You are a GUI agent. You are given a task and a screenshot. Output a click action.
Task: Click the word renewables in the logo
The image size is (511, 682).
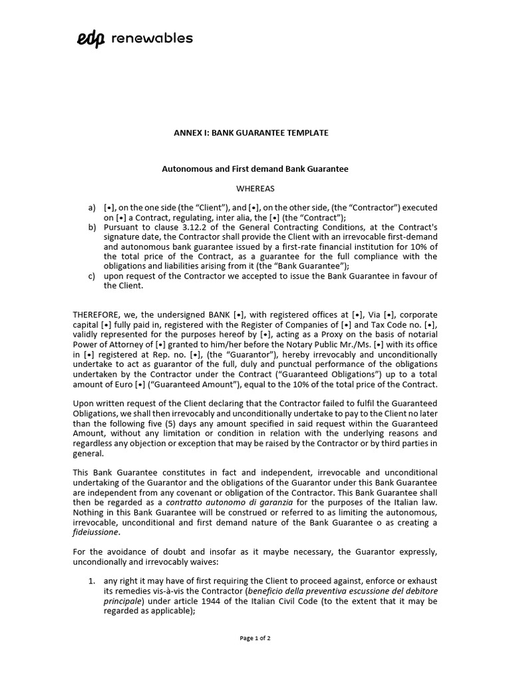click(x=152, y=38)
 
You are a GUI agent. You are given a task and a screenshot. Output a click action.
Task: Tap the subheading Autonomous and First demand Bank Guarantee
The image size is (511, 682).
click(x=255, y=169)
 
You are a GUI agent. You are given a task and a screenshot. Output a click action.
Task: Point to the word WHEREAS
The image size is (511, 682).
click(x=255, y=188)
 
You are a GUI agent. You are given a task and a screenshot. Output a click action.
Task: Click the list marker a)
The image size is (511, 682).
click(x=92, y=208)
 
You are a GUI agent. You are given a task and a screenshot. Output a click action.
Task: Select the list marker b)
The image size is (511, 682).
click(x=92, y=227)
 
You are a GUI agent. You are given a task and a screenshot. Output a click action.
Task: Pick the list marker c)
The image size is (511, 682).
click(x=92, y=276)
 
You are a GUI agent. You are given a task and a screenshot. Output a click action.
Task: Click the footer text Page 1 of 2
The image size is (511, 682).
click(x=255, y=638)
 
